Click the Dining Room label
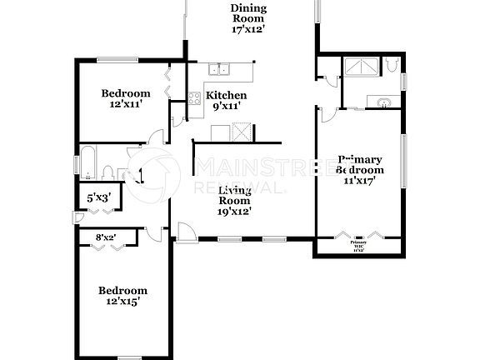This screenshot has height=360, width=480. [x=248, y=19]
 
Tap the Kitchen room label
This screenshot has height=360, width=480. [x=226, y=100]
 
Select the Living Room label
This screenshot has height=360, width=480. [x=236, y=201]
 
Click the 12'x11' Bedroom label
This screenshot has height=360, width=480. [x=126, y=99]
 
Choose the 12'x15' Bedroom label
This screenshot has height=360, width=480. [x=122, y=296]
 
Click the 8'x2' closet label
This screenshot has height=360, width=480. [x=106, y=237]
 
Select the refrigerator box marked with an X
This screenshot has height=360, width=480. [x=242, y=132]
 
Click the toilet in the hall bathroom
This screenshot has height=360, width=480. [x=107, y=171]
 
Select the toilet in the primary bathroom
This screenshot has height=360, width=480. [x=392, y=67]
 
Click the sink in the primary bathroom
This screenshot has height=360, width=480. [x=384, y=102]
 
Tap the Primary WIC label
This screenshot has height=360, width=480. [x=357, y=243]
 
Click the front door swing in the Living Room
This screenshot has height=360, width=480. [x=187, y=233]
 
